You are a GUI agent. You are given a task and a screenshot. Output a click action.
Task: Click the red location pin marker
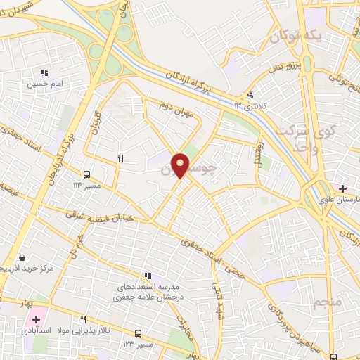tap(181, 165)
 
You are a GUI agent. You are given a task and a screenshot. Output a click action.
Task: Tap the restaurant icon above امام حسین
tap(44, 72)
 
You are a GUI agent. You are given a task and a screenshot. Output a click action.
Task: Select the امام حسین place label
tap(45, 84)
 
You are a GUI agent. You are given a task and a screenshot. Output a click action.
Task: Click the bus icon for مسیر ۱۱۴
tap(86, 173)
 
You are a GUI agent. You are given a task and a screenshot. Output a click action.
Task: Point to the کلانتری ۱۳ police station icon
tap(250, 96)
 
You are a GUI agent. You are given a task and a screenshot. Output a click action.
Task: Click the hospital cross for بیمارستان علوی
tap(342, 188)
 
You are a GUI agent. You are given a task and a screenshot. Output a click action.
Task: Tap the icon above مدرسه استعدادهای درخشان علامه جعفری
tap(147, 276)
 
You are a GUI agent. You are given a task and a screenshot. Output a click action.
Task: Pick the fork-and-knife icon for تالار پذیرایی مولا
tap(84, 320)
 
